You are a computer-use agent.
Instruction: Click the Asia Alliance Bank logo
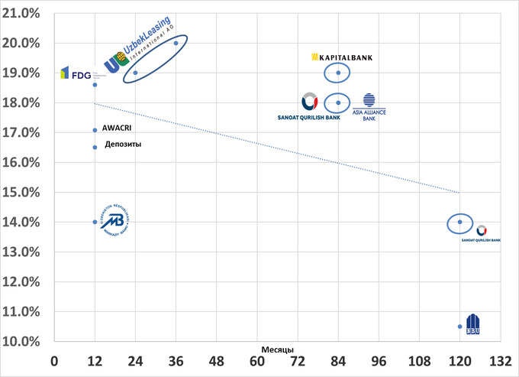pyautogui.click(x=369, y=107)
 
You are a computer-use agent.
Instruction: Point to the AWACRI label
pyautogui.click(x=114, y=129)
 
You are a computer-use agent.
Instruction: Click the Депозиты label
pyautogui.click(x=123, y=145)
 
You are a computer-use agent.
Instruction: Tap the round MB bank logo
pyautogui.click(x=113, y=221)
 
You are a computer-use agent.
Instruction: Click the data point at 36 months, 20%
pyautogui.click(x=176, y=43)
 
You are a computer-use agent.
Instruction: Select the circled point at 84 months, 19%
pyautogui.click(x=338, y=73)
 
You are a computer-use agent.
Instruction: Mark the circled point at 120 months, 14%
pyautogui.click(x=459, y=222)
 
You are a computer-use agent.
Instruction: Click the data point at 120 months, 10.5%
pyautogui.click(x=459, y=327)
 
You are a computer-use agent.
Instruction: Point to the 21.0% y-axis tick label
pyautogui.click(x=24, y=13)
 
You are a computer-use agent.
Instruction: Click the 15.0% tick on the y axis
pyautogui.click(x=24, y=192)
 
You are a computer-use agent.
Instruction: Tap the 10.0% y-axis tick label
pyautogui.click(x=24, y=341)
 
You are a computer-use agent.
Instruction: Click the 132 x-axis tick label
pyautogui.click(x=500, y=360)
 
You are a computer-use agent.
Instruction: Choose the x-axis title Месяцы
pyautogui.click(x=273, y=349)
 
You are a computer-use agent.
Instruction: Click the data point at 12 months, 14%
pyautogui.click(x=95, y=222)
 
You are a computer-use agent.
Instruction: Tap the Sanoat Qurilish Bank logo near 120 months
pyautogui.click(x=481, y=232)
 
